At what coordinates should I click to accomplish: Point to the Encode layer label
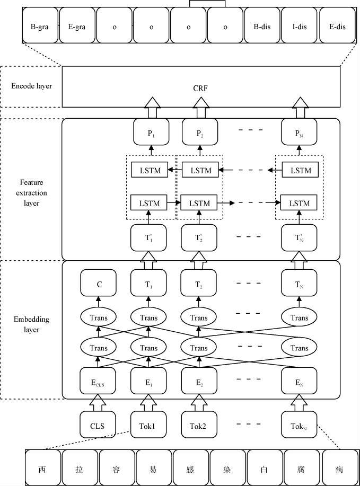[32, 86]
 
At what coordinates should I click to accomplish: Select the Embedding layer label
[32, 324]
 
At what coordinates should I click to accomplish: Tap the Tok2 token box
[199, 425]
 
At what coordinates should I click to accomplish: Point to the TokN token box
[299, 425]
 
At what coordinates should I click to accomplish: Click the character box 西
[42, 468]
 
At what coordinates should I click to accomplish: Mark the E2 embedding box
[199, 379]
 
